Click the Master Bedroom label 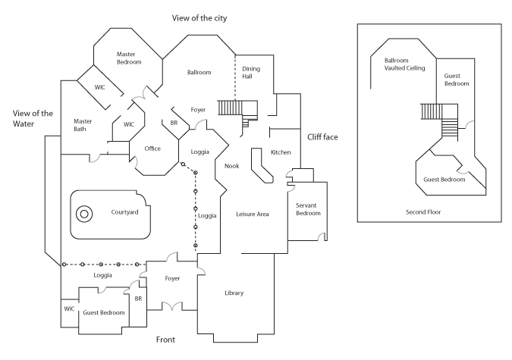click(129, 58)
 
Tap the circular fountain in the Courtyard click(84, 214)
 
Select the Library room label click(234, 293)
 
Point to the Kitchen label click(281, 152)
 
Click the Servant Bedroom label click(308, 209)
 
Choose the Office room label click(152, 149)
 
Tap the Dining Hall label click(251, 73)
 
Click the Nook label click(232, 166)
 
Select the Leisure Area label click(253, 214)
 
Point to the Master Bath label click(83, 125)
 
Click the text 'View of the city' click(199, 18)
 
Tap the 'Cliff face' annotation click(322, 137)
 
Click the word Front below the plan click(165, 340)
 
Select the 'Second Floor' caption click(423, 212)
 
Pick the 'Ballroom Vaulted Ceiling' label click(404, 64)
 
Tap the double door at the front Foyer click(172, 306)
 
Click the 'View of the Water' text click(33, 118)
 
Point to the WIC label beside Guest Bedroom click(69, 308)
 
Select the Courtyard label click(124, 212)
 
